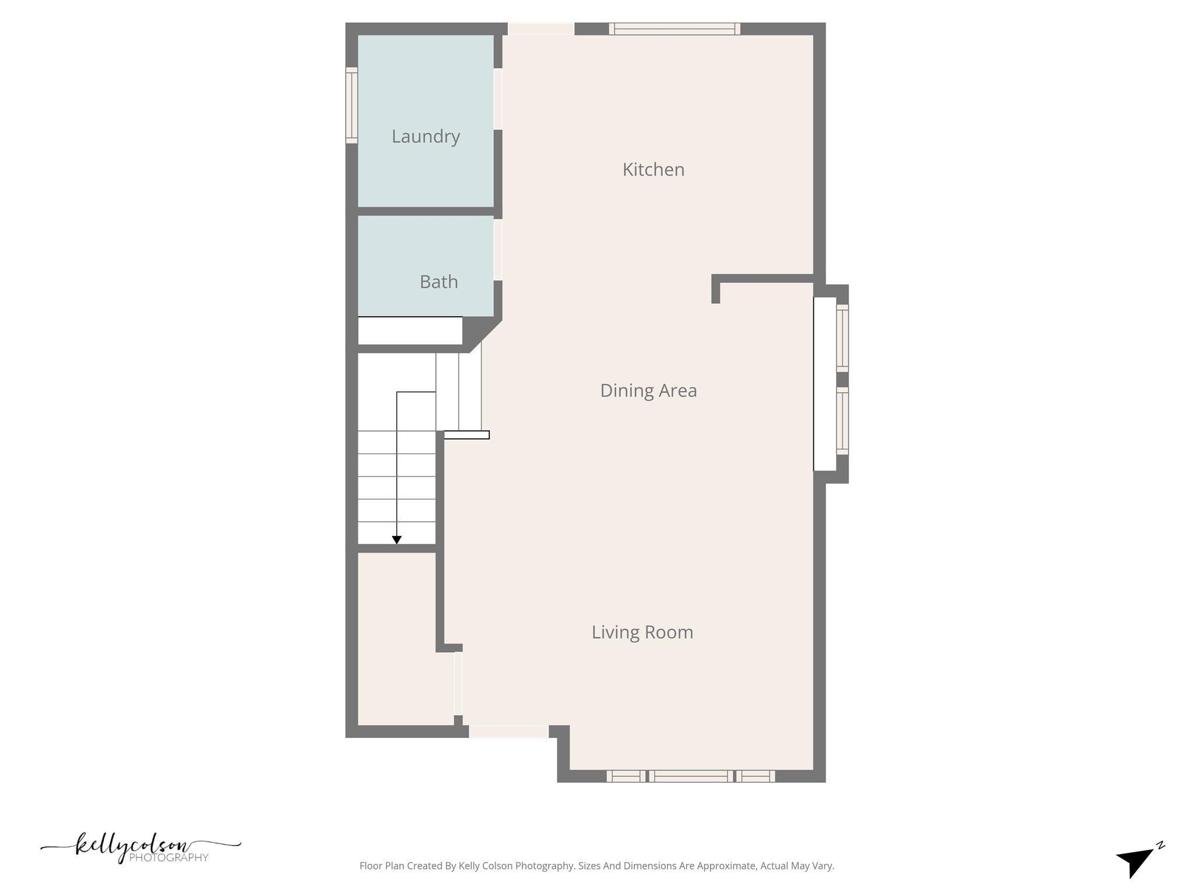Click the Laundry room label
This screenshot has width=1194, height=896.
point(426,136)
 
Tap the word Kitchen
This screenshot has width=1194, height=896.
point(653,170)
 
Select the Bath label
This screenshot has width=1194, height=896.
point(438,282)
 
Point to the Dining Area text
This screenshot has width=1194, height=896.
point(648,391)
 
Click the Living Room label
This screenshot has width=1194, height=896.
point(642,632)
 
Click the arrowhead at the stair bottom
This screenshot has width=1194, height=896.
point(396,540)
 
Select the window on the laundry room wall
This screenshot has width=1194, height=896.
point(352,105)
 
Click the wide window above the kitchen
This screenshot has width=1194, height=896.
point(675,29)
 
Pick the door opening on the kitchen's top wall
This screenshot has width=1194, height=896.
point(541,29)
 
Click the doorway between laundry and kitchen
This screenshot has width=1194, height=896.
point(498,99)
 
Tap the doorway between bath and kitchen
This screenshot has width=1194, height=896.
point(498,250)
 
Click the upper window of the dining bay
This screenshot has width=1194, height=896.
point(842,338)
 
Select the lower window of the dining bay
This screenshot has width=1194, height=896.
point(842,421)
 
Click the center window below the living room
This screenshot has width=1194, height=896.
point(690,776)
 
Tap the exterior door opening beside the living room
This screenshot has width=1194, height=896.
point(508,731)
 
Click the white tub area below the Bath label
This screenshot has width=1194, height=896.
point(410,331)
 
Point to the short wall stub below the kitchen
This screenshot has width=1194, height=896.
point(716,289)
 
